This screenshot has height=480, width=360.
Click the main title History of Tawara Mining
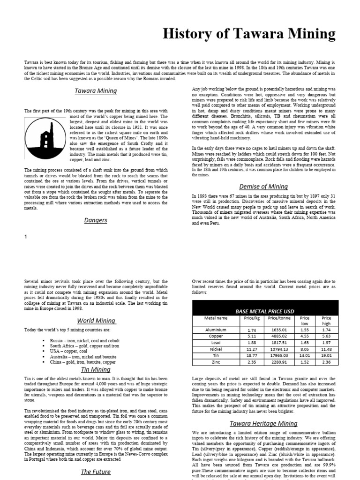coord(249,34)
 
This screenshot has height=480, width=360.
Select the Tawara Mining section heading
coord(96,90)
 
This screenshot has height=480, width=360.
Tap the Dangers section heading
coord(96,220)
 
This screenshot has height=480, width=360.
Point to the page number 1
coord(26,237)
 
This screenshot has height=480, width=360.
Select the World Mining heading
coord(96,321)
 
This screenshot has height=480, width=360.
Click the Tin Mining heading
coord(96,369)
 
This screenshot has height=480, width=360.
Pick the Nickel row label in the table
coord(216,349)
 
